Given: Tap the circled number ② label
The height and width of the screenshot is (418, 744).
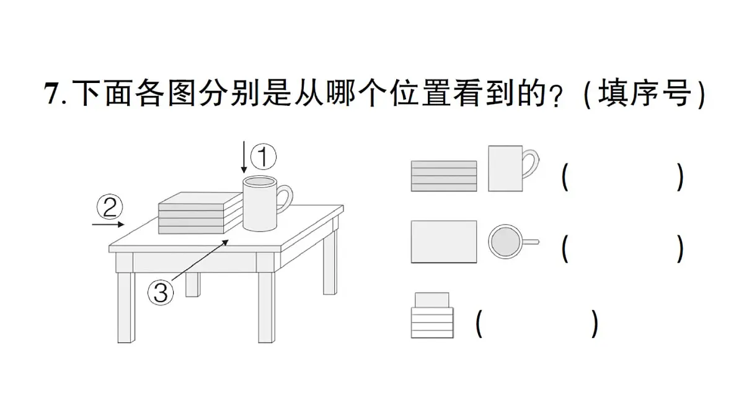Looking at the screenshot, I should point(110,207).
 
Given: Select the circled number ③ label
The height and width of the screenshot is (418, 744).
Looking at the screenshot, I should point(161,292).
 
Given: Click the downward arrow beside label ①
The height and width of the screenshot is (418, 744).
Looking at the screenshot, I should point(244,157).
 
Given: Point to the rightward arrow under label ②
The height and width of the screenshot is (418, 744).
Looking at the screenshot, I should point(108,224).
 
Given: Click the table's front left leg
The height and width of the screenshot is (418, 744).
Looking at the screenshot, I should point(126,306).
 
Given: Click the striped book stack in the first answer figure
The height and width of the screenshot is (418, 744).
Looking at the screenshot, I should point(444,176).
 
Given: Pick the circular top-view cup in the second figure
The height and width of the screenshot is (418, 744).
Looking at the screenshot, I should point(505,242).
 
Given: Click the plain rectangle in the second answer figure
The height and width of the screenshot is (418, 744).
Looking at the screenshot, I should point(444,242).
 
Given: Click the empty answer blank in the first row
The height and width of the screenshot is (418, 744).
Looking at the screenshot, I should point(622,177).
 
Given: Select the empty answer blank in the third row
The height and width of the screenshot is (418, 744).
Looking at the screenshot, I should point(537,323).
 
